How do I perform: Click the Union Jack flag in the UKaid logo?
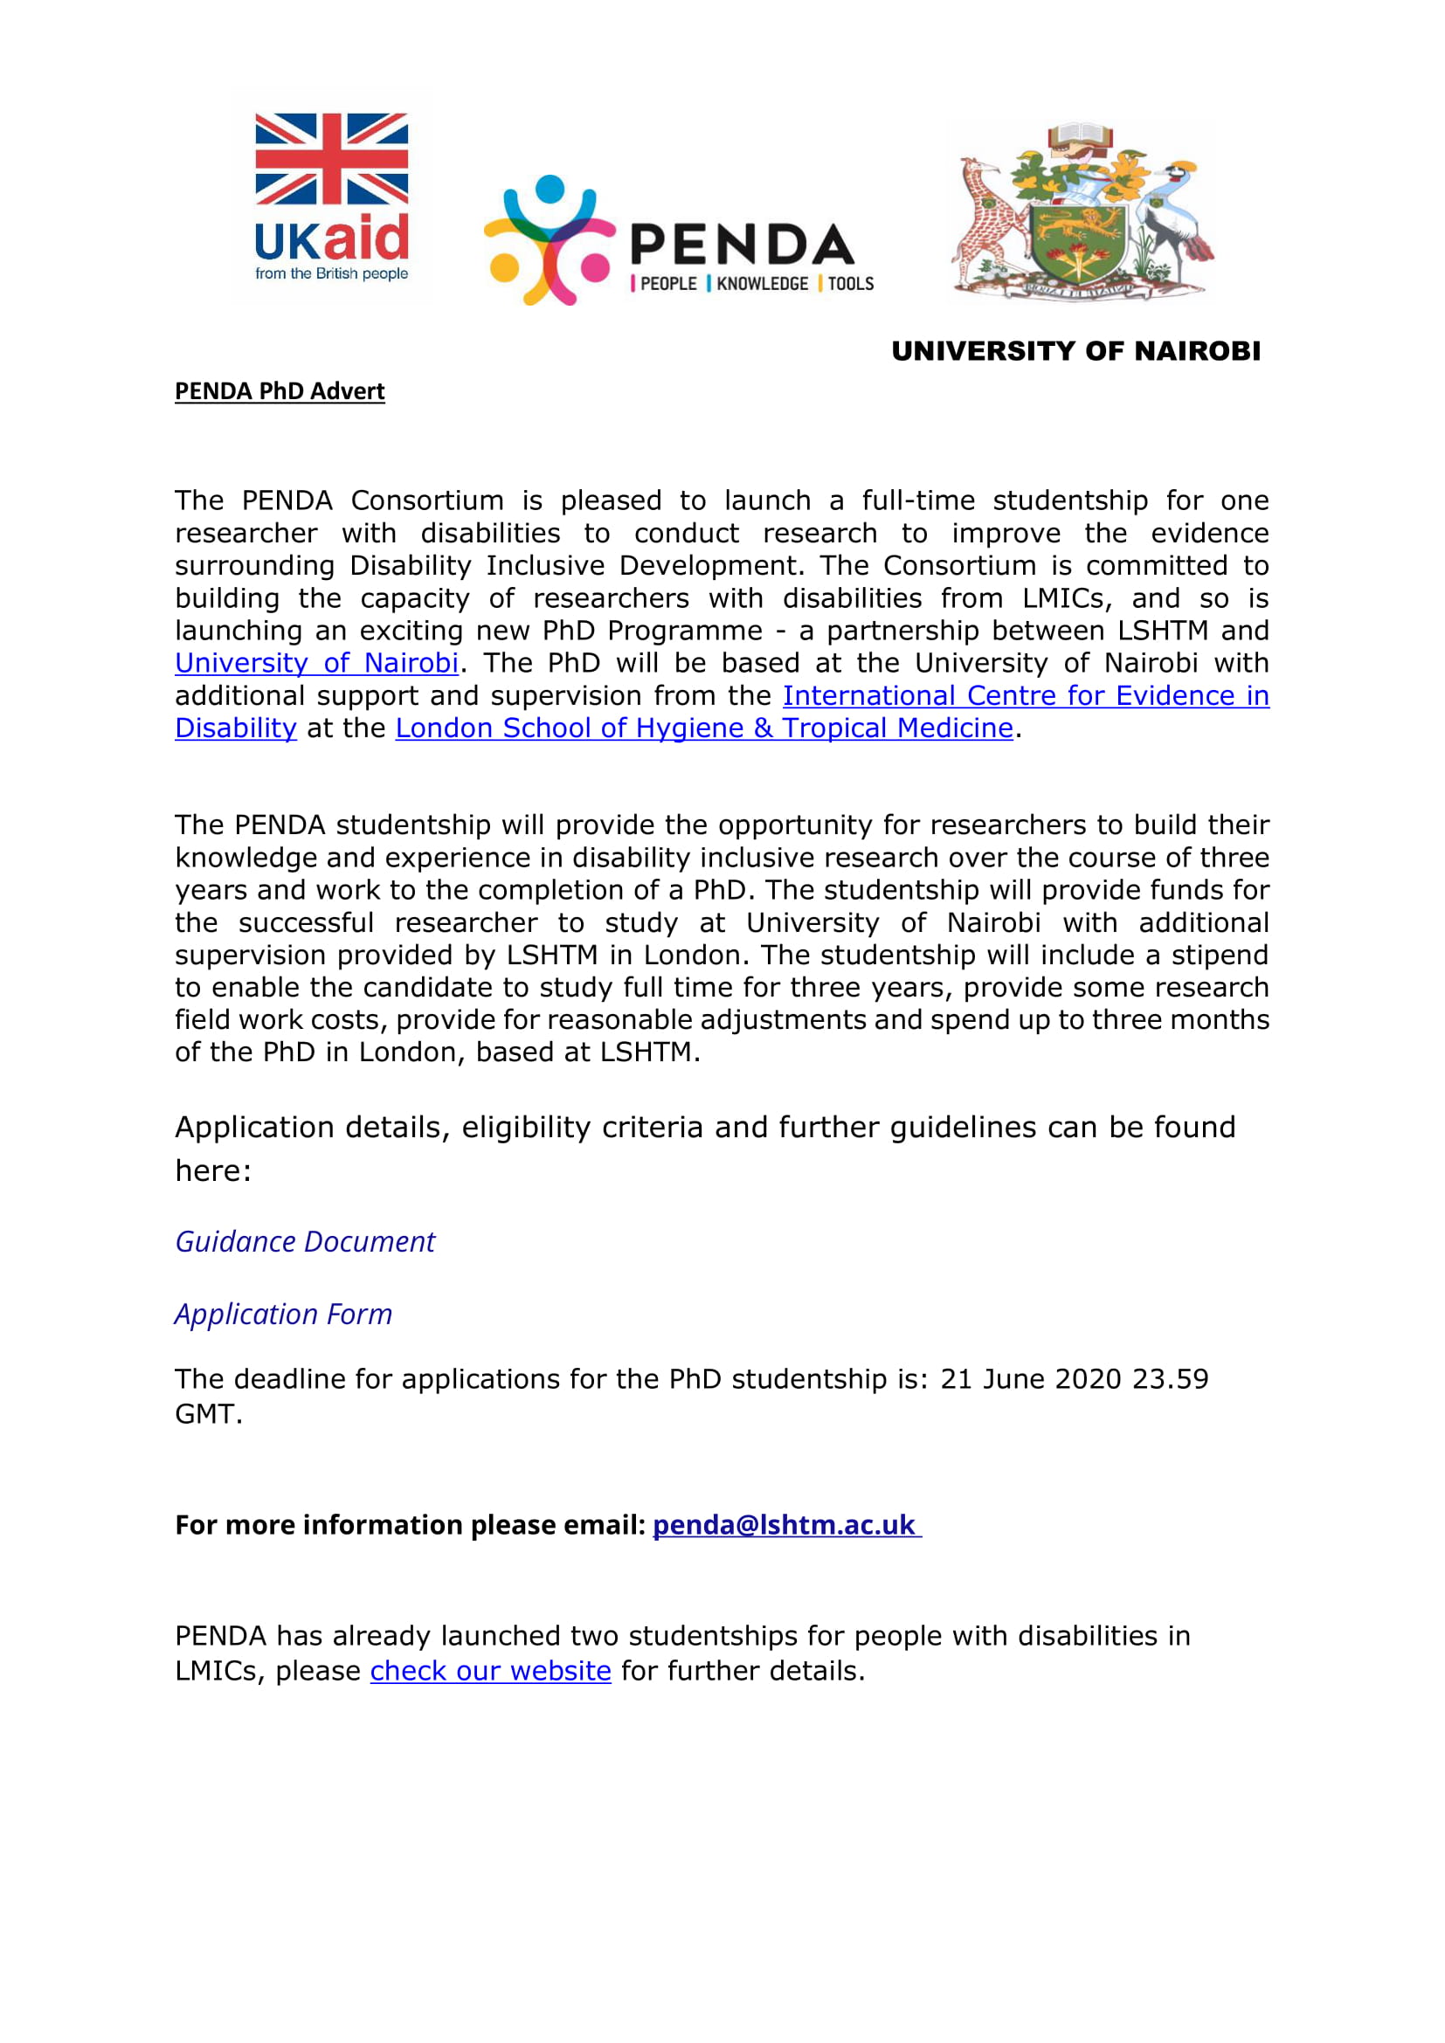click(x=331, y=158)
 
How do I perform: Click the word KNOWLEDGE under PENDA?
click(x=762, y=284)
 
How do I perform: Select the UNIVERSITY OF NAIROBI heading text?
click(x=1075, y=351)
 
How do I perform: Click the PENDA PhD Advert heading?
click(x=280, y=391)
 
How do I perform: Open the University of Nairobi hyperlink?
click(x=317, y=664)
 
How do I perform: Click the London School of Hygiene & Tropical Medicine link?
click(x=704, y=728)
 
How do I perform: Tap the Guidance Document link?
click(x=305, y=1242)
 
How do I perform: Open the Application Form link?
click(x=283, y=1315)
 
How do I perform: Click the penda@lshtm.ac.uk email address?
click(x=785, y=1525)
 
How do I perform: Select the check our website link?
click(x=490, y=1671)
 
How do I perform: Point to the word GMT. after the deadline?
click(x=208, y=1414)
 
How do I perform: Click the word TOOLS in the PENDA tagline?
click(x=851, y=284)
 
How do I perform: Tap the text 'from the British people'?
click(x=331, y=273)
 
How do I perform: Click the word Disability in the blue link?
click(x=236, y=728)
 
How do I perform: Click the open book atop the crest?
click(x=1080, y=136)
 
